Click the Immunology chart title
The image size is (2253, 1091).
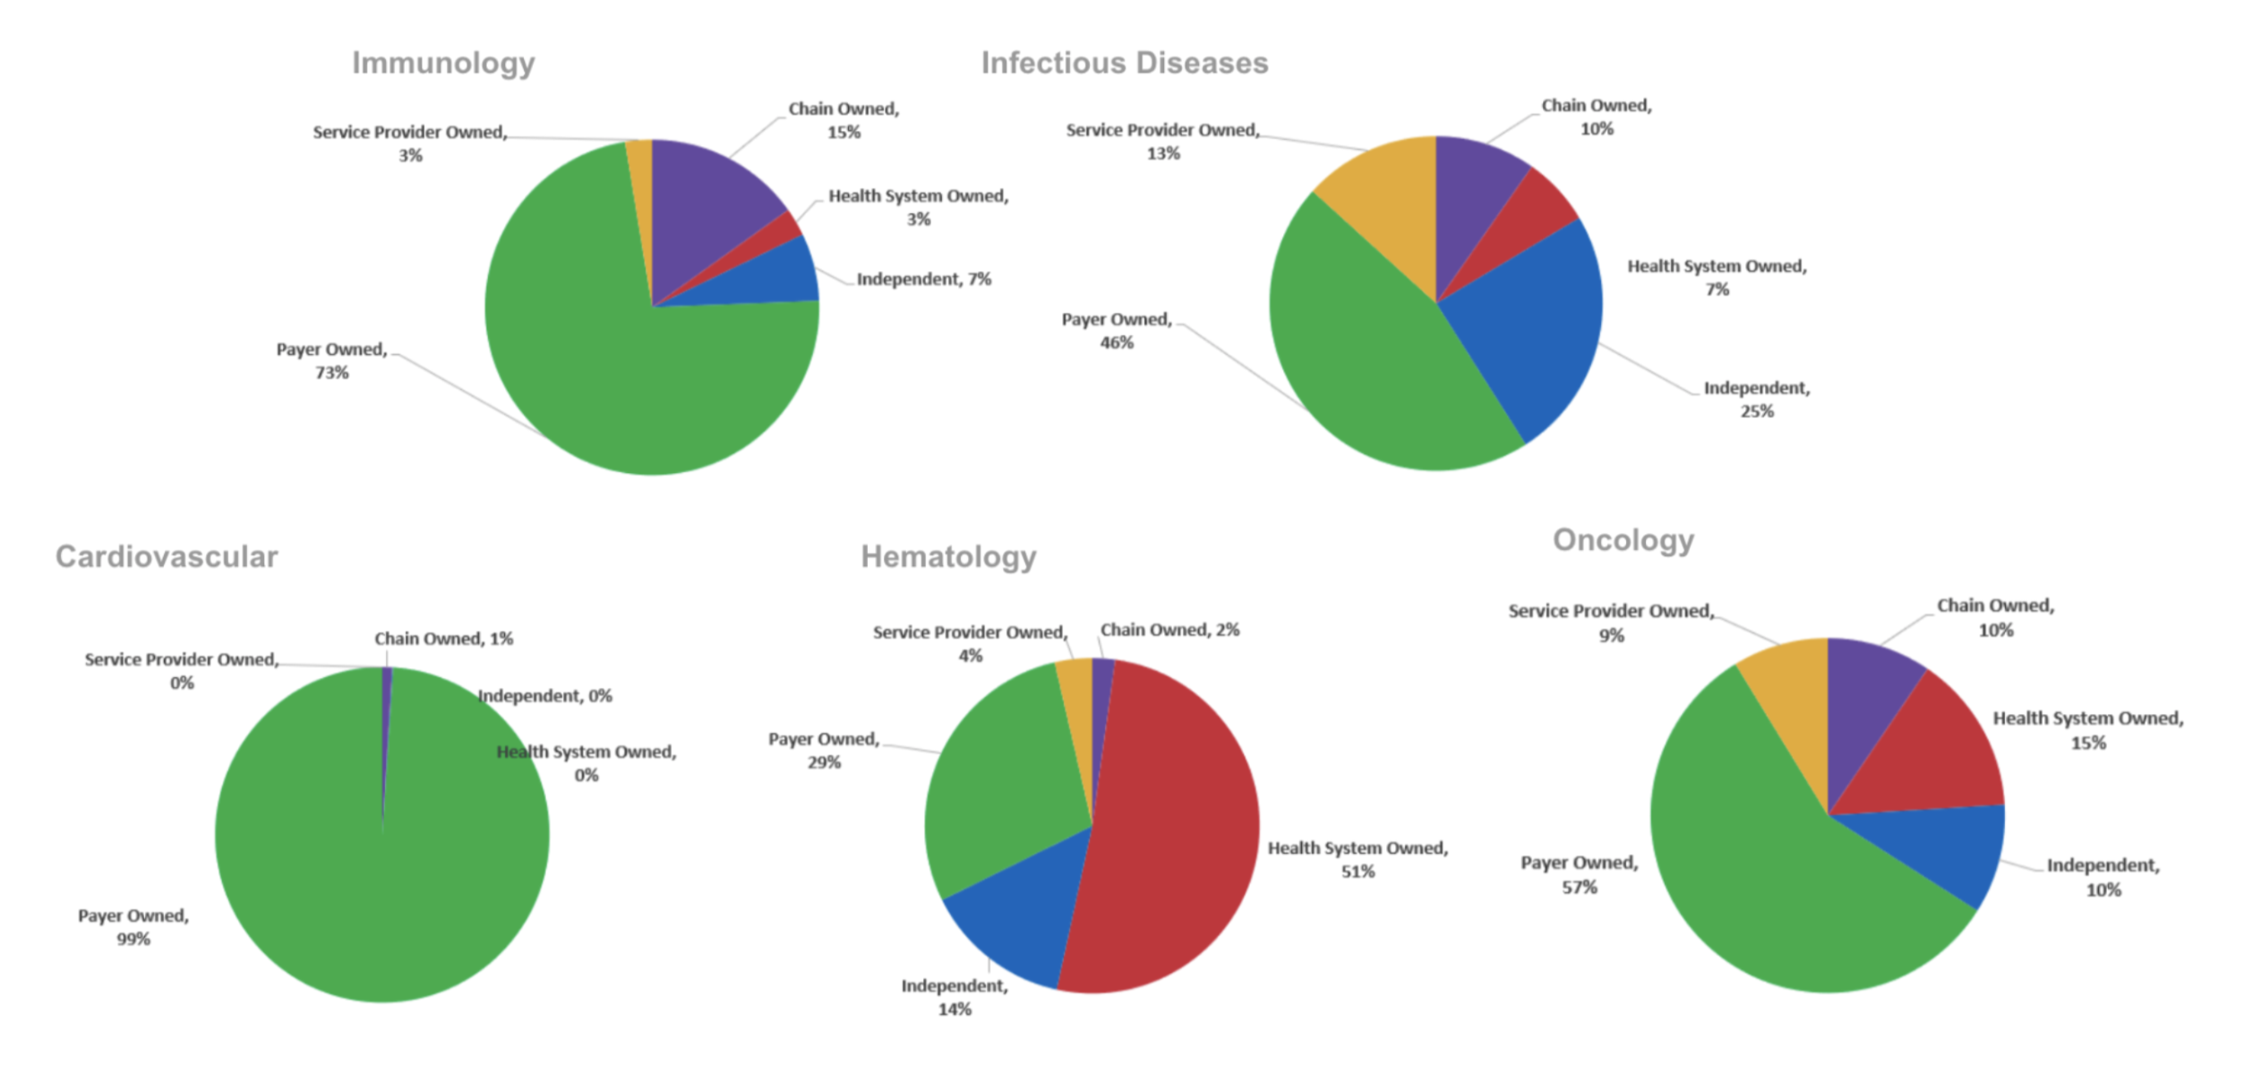point(443,64)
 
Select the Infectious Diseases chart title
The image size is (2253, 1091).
point(1124,64)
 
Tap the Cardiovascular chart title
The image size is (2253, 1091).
point(167,557)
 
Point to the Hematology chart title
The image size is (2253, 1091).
point(948,557)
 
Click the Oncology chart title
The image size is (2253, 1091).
point(1623,541)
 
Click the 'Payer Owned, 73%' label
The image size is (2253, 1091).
point(331,361)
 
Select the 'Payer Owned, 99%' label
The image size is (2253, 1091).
point(133,927)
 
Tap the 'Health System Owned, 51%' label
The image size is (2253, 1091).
point(1358,860)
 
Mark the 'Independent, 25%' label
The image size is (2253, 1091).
point(1756,399)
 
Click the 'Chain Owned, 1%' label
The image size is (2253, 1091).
point(443,639)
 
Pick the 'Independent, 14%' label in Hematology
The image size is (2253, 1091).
point(955,997)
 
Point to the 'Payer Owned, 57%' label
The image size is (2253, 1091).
point(1579,875)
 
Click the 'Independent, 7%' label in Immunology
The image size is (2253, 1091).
point(923,279)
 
